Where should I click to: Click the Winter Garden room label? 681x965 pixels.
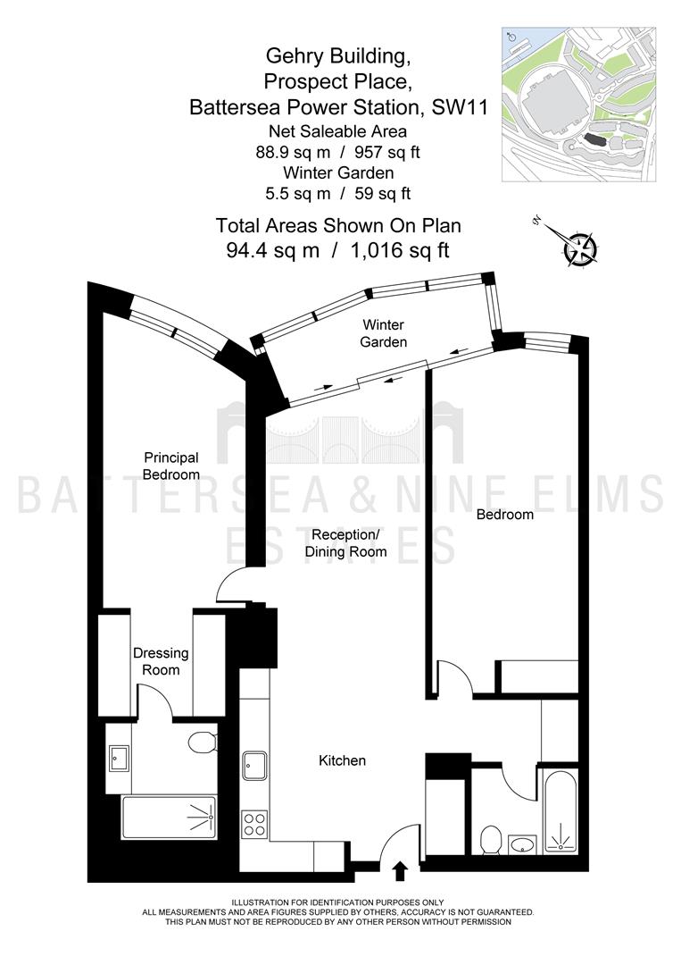point(384,333)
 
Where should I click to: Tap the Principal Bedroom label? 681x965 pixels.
point(171,466)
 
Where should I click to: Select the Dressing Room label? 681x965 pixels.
point(161,661)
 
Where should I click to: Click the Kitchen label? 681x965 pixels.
point(343,760)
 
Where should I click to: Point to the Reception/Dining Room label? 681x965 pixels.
point(346,543)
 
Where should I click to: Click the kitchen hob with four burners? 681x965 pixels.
point(255,824)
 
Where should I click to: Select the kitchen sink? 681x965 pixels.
point(254,766)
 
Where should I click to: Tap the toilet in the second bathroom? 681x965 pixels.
point(491,840)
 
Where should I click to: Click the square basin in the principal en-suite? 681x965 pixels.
point(119,759)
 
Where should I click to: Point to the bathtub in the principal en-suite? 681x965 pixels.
point(170,818)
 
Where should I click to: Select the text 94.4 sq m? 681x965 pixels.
point(273,250)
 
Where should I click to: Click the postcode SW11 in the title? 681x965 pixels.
point(461,107)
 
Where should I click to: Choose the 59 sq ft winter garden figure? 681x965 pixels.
point(383,193)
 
